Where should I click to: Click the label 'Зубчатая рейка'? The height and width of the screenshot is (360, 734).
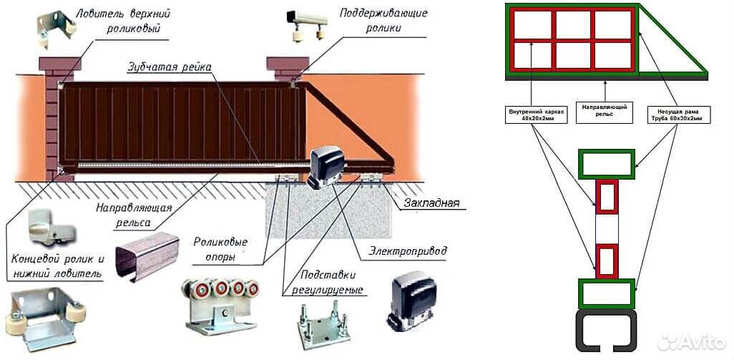tap(170, 67)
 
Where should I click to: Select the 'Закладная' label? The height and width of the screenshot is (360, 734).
tap(431, 203)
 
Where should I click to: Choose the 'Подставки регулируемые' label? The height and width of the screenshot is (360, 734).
tap(327, 281)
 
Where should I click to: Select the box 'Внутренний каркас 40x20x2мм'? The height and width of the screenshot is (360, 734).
tap(537, 115)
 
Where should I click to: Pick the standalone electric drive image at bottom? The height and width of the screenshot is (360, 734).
tap(411, 301)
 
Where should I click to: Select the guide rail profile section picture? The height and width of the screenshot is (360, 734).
tap(147, 256)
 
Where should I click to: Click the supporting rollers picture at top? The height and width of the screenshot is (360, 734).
tap(307, 26)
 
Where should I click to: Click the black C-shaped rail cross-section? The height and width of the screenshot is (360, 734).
tap(606, 330)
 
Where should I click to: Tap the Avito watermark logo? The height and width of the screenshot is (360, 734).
tap(691, 342)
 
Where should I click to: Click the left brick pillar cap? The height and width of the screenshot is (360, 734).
tap(60, 64)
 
